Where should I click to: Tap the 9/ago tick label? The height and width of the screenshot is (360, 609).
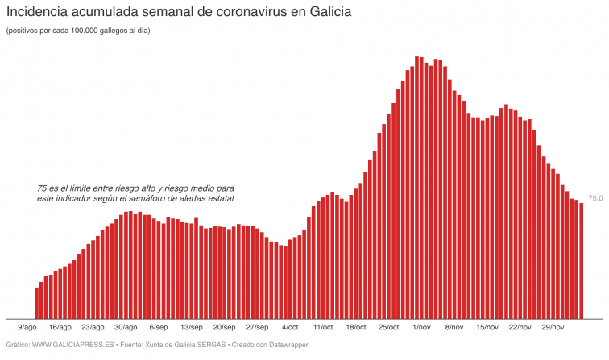point(27,328)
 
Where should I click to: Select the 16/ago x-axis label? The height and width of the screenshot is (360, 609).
point(60,328)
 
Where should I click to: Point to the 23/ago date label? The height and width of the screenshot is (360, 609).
point(93,328)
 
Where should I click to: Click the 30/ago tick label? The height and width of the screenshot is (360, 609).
point(126,328)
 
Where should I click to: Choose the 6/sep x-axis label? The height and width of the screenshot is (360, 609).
point(159,328)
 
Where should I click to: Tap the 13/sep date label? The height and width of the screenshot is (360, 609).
point(192,328)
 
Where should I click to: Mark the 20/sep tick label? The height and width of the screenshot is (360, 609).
point(225,328)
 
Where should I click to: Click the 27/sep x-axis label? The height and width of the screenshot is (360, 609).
point(257,328)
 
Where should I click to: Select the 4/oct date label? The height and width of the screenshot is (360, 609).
point(290,328)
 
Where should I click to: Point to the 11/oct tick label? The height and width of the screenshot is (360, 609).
point(323,328)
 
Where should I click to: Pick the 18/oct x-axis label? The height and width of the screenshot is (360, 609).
point(356,328)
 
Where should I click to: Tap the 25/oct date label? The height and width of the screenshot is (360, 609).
point(389,328)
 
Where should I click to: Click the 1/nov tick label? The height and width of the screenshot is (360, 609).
point(422,328)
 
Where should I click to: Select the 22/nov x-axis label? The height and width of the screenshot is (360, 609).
point(520,328)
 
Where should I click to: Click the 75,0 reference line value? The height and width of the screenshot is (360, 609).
point(595,198)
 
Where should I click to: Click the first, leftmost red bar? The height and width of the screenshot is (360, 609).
point(37,302)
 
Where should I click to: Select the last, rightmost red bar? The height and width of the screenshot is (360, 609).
point(581,261)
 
